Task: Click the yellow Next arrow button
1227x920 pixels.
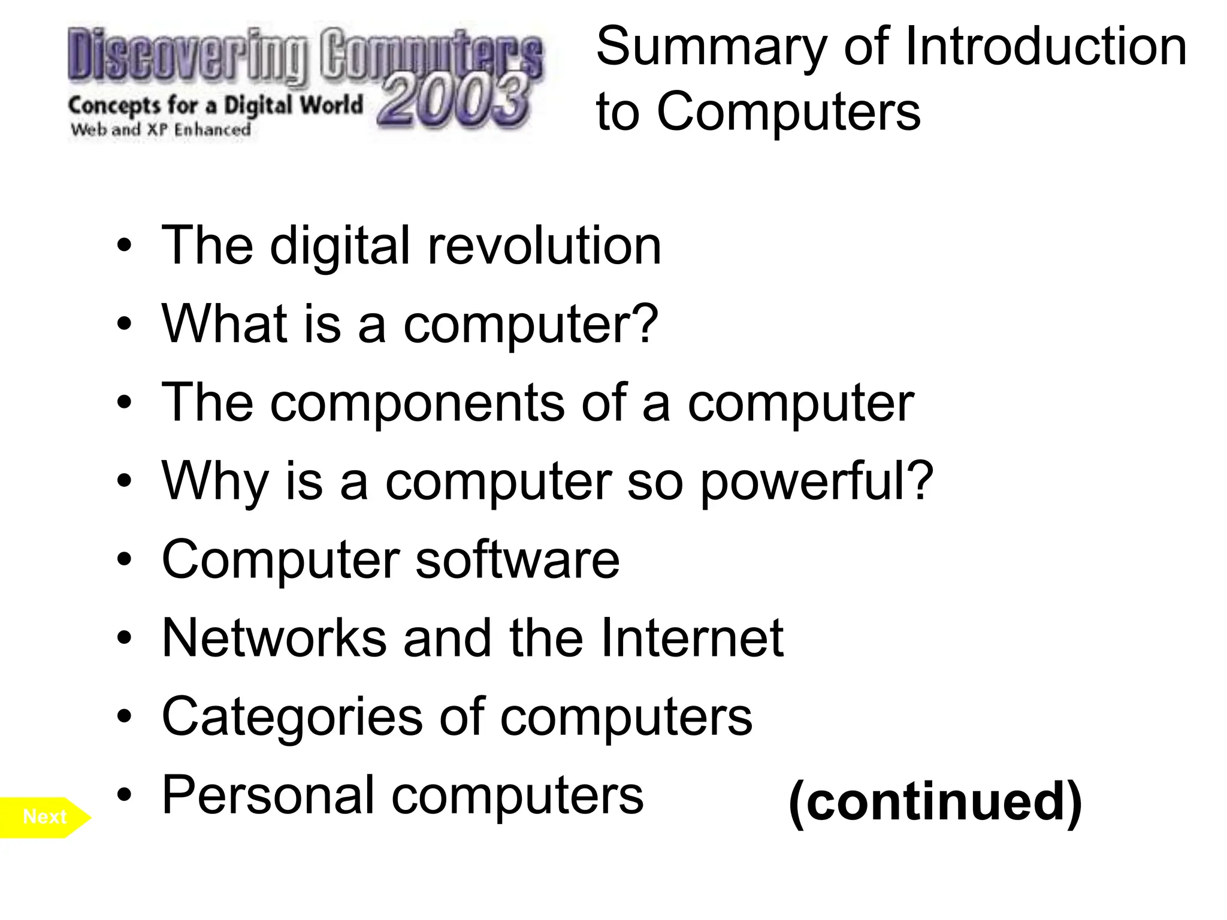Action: click(x=45, y=817)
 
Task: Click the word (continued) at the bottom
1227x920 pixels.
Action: click(x=935, y=802)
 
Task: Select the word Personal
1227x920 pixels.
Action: click(x=268, y=795)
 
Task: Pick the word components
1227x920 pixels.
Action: click(x=417, y=402)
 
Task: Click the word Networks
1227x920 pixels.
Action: click(x=274, y=638)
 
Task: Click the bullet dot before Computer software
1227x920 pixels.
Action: click(x=124, y=559)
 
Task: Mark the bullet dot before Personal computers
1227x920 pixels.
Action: click(x=124, y=795)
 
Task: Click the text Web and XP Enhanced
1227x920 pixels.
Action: click(x=161, y=129)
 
